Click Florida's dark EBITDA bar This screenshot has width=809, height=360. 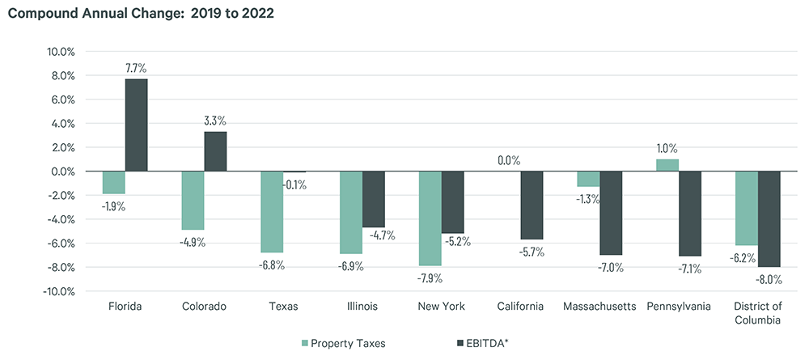pos(136,125)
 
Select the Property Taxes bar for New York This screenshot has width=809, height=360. pos(430,218)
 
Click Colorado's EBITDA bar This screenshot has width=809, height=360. pos(215,151)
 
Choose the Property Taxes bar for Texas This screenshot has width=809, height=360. pos(271,212)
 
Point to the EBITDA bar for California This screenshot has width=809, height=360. pos(532,205)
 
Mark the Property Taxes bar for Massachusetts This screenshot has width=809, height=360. pos(588,179)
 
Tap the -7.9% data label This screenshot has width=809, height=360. pos(430,279)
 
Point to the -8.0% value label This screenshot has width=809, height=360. pos(770,280)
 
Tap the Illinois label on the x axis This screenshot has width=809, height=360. pos(362,307)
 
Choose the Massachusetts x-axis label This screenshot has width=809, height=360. pos(599,307)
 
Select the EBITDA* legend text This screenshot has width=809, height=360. pos(489,343)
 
